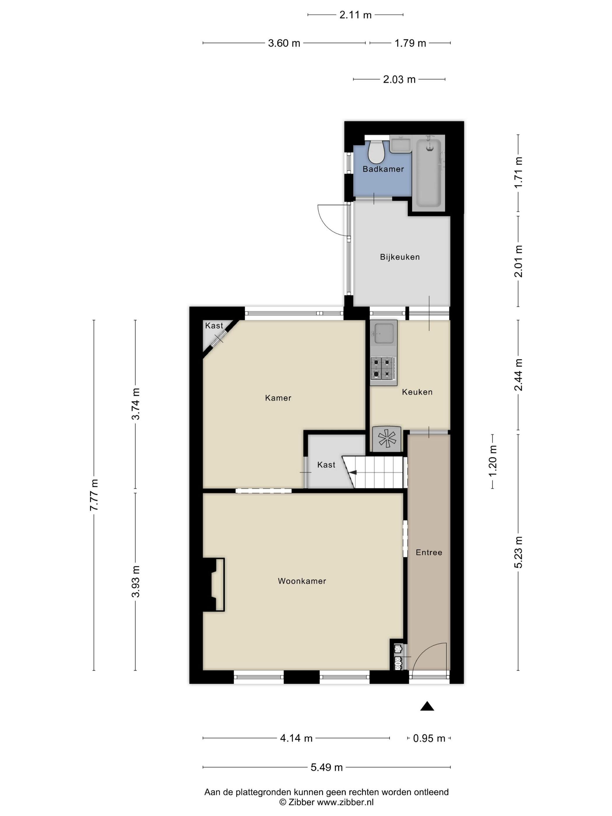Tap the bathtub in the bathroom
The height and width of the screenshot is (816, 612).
click(x=428, y=173)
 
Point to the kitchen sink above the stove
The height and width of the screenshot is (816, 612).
click(x=383, y=333)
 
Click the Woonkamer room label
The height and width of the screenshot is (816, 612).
click(x=302, y=581)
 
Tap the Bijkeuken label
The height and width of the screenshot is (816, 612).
click(x=400, y=257)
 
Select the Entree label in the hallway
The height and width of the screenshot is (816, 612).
click(x=429, y=552)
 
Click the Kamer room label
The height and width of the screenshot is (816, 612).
click(x=278, y=398)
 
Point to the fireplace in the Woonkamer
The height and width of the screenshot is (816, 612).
click(x=213, y=584)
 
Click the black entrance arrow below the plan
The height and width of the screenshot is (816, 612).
click(x=427, y=706)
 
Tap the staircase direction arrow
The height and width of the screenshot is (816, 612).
click(x=353, y=472)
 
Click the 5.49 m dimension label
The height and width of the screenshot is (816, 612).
click(x=326, y=767)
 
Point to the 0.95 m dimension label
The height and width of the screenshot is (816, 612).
click(x=429, y=738)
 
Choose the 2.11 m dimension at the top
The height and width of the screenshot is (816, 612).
click(x=355, y=15)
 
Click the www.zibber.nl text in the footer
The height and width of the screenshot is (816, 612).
click(x=345, y=802)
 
